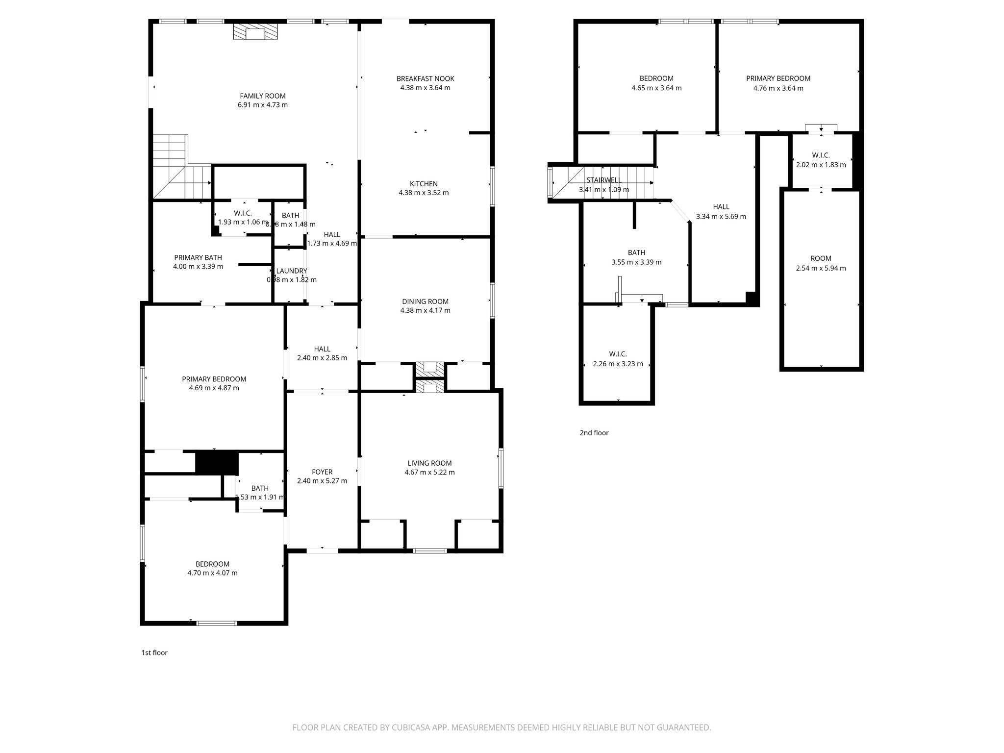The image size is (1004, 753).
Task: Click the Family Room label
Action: [262, 96]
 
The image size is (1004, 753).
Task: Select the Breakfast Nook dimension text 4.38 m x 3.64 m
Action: [425, 88]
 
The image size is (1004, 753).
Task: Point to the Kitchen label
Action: [424, 184]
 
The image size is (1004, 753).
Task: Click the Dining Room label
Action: [425, 301]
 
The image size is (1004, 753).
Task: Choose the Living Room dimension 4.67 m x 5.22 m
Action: [429, 473]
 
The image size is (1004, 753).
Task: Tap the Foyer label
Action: [322, 472]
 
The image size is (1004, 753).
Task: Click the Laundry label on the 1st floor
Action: [291, 271]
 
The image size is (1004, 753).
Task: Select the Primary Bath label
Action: [198, 257]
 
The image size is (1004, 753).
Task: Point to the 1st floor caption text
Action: [154, 653]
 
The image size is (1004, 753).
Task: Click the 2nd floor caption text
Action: [594, 433]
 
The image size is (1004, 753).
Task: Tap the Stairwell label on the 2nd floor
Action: [604, 180]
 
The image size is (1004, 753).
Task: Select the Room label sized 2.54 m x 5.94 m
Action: [821, 258]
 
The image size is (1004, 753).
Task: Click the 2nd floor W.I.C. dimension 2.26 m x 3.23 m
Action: [618, 364]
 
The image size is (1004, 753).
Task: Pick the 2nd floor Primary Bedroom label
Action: [778, 78]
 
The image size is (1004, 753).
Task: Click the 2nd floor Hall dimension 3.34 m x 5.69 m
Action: [721, 217]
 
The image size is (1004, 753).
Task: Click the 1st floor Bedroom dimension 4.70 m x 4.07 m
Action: [212, 573]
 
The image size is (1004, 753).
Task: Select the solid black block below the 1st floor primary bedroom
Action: [217, 463]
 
